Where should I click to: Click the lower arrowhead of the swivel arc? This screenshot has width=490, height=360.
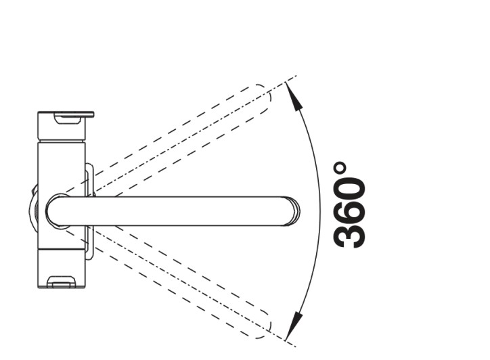[x=294, y=325]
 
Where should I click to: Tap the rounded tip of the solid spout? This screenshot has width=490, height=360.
[x=293, y=211]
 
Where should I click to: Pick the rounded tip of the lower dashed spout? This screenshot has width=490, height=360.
[x=263, y=325]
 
